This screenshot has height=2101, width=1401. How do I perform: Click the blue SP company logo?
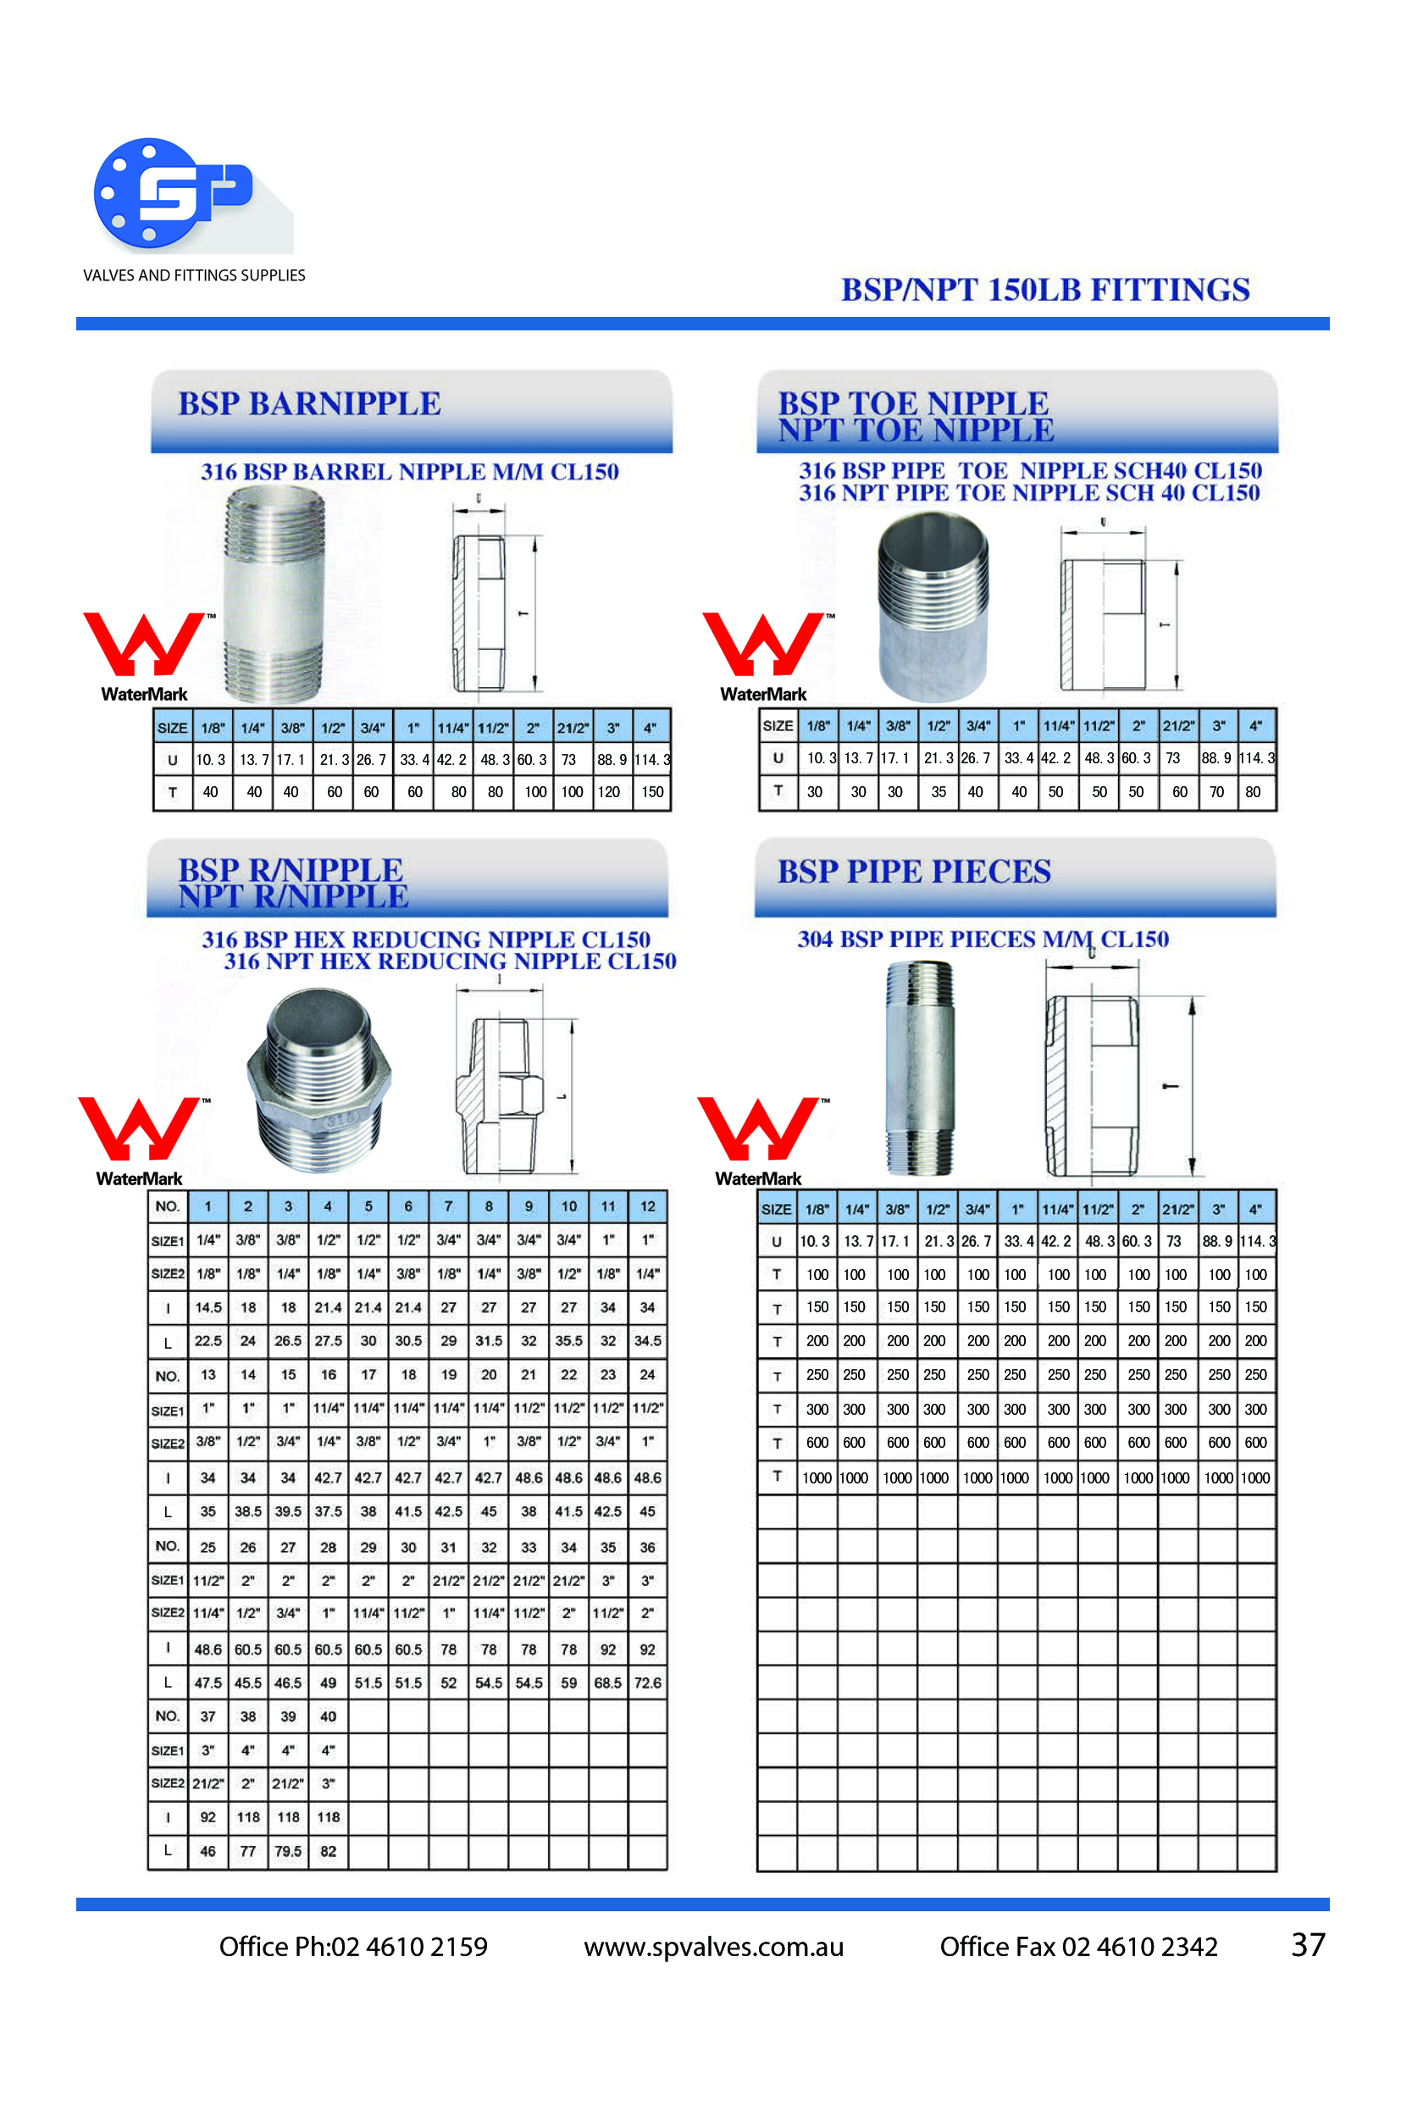pyautogui.click(x=175, y=192)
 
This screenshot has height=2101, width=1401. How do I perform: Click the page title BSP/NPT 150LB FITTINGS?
pyautogui.click(x=1045, y=290)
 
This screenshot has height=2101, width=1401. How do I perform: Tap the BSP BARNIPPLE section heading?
pyautogui.click(x=309, y=403)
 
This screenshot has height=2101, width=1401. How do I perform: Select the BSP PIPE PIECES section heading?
pyautogui.click(x=914, y=871)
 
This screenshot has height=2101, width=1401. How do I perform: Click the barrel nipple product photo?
pyautogui.click(x=274, y=594)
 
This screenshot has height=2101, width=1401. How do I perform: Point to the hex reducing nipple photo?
pyautogui.click(x=319, y=1079)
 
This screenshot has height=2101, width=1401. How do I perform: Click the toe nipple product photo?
pyautogui.click(x=933, y=606)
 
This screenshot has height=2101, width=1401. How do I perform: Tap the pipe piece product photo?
pyautogui.click(x=919, y=1067)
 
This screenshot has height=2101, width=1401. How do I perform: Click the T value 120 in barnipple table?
pyautogui.click(x=608, y=792)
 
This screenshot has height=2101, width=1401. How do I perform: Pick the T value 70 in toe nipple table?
pyautogui.click(x=1217, y=792)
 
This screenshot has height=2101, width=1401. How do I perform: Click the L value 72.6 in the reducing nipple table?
pyautogui.click(x=648, y=1682)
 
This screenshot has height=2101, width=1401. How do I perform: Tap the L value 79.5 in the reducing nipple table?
pyautogui.click(x=288, y=1851)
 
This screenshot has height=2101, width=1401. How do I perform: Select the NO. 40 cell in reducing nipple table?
pyautogui.click(x=328, y=1716)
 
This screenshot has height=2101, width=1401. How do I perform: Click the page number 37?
pyautogui.click(x=1308, y=1944)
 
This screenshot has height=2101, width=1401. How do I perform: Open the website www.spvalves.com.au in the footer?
pyautogui.click(x=714, y=1947)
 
